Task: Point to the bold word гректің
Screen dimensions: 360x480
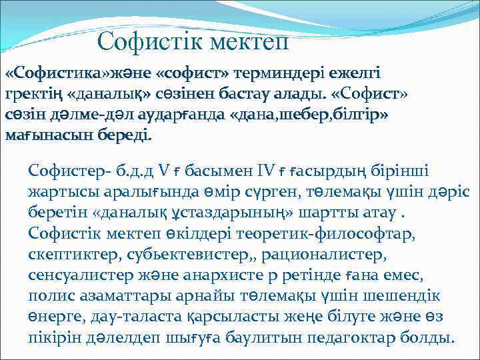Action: (34, 93)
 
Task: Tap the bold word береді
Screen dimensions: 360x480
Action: (126, 136)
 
